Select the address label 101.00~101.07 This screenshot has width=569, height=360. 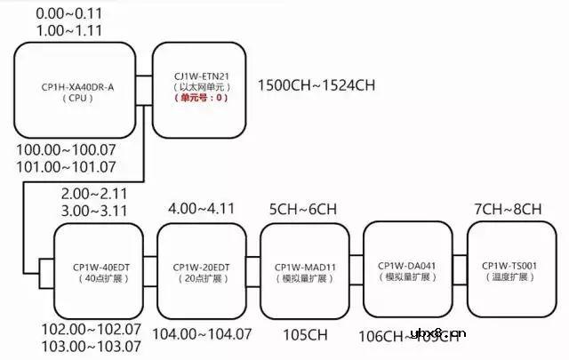tap(67, 166)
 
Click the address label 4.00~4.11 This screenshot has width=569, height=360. tap(202, 209)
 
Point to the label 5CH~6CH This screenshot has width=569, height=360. tap(304, 210)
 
